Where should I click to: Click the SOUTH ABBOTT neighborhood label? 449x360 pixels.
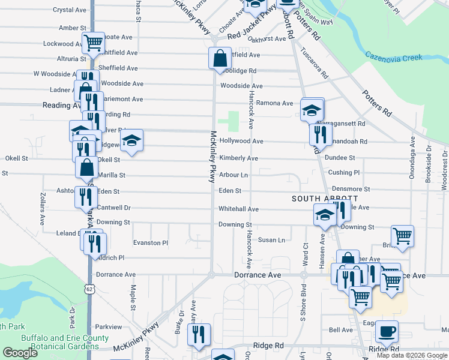325,198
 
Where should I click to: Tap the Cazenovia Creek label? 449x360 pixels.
394,57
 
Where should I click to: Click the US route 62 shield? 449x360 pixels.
90,289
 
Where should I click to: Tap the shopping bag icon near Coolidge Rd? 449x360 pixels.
220,59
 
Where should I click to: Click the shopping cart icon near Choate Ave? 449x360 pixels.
93,43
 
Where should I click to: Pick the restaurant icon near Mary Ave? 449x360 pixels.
199,335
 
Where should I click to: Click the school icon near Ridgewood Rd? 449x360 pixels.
131,141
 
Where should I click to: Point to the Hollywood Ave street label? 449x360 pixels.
241,141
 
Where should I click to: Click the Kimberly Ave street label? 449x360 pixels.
238,158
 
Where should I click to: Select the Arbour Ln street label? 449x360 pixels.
234,175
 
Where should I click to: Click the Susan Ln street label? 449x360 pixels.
271,240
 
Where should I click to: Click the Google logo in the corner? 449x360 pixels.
20,353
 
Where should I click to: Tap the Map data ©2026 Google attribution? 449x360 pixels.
412,355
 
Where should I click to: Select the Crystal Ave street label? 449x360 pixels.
70,10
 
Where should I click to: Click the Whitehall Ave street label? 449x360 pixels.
238,209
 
